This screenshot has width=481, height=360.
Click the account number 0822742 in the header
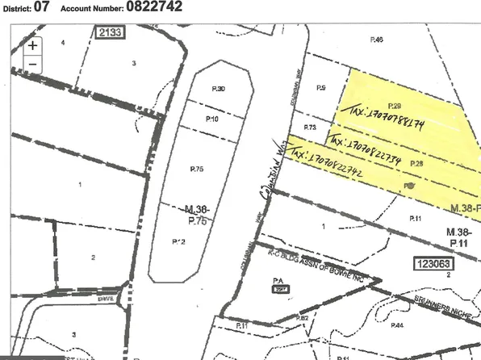tap(153, 8)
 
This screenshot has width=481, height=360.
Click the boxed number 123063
tap(433, 263)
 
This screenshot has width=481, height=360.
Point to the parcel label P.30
tap(218, 89)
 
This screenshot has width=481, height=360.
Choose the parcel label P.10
tap(212, 119)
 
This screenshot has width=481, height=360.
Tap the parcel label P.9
tap(320, 88)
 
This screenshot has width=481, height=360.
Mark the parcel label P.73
tap(309, 128)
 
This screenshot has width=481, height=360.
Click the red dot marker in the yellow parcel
tap(409, 185)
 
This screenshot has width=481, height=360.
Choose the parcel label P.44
tap(396, 325)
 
